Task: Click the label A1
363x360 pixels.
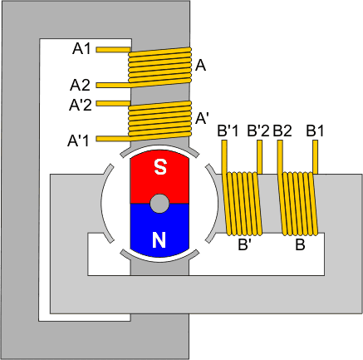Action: (81, 49)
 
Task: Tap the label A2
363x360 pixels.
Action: (80, 85)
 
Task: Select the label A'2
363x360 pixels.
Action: (81, 105)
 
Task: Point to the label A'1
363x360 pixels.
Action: (79, 141)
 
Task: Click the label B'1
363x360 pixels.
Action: (228, 131)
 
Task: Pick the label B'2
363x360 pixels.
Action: (258, 131)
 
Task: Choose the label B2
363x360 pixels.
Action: (282, 131)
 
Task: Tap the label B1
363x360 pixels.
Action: (315, 131)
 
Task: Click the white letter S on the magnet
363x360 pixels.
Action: (160, 167)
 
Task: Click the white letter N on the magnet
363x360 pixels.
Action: (159, 239)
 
